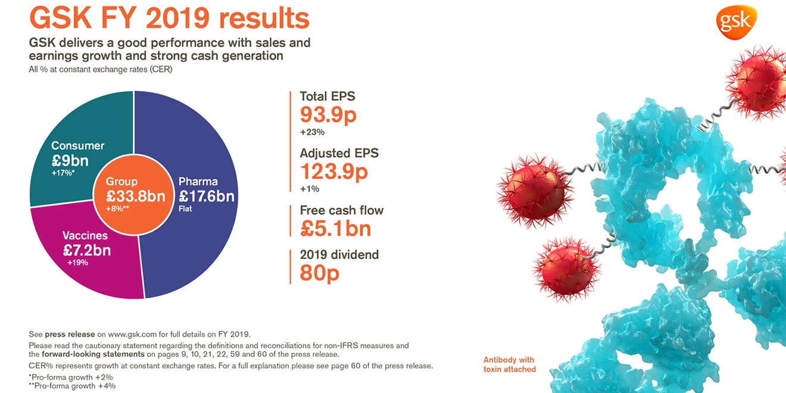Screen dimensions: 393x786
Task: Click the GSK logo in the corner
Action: pyautogui.click(x=736, y=23)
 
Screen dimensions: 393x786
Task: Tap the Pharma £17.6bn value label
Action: pyautogui.click(x=207, y=196)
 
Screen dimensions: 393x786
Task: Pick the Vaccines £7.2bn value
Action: pyautogui.click(x=87, y=249)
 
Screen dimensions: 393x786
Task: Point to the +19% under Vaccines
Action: pyautogui.click(x=77, y=263)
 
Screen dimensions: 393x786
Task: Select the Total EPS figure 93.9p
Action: pyautogui.click(x=327, y=114)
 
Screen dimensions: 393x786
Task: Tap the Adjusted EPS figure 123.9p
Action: pyautogui.click(x=333, y=171)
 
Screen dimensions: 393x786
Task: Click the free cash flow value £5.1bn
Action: pyautogui.click(x=335, y=229)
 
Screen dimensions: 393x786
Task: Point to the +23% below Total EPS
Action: pyautogui.click(x=312, y=132)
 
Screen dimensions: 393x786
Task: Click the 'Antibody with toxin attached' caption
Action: pyautogui.click(x=509, y=364)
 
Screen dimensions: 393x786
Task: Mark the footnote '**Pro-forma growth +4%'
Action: pyautogui.click(x=72, y=386)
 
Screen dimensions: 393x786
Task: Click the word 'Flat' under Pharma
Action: pyautogui.click(x=186, y=209)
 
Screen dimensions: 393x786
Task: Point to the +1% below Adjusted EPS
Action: pyautogui.click(x=310, y=189)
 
